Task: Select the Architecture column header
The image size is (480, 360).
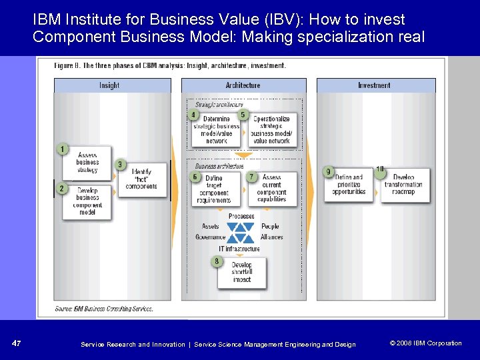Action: click(243, 85)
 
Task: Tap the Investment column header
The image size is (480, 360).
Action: click(375, 85)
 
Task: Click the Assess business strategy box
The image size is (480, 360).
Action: click(88, 163)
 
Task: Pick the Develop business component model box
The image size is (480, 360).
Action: click(88, 201)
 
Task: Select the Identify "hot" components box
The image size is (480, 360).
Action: click(141, 179)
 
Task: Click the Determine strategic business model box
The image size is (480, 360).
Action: click(217, 129)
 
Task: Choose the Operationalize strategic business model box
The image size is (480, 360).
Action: click(272, 129)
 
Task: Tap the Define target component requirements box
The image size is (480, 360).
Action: click(215, 189)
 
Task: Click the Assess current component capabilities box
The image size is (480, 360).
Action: click(272, 189)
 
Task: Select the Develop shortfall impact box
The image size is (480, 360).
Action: click(242, 272)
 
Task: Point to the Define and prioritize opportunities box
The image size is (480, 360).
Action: click(349, 185)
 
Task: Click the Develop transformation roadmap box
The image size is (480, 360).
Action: click(404, 185)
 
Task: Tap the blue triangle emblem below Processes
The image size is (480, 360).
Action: click(241, 232)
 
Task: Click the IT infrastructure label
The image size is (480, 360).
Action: click(239, 249)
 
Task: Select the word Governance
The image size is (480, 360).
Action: click(211, 237)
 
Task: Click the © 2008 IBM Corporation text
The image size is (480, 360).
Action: click(425, 343)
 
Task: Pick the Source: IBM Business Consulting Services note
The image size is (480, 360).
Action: click(105, 309)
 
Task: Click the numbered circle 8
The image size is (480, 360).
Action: click(216, 261)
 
